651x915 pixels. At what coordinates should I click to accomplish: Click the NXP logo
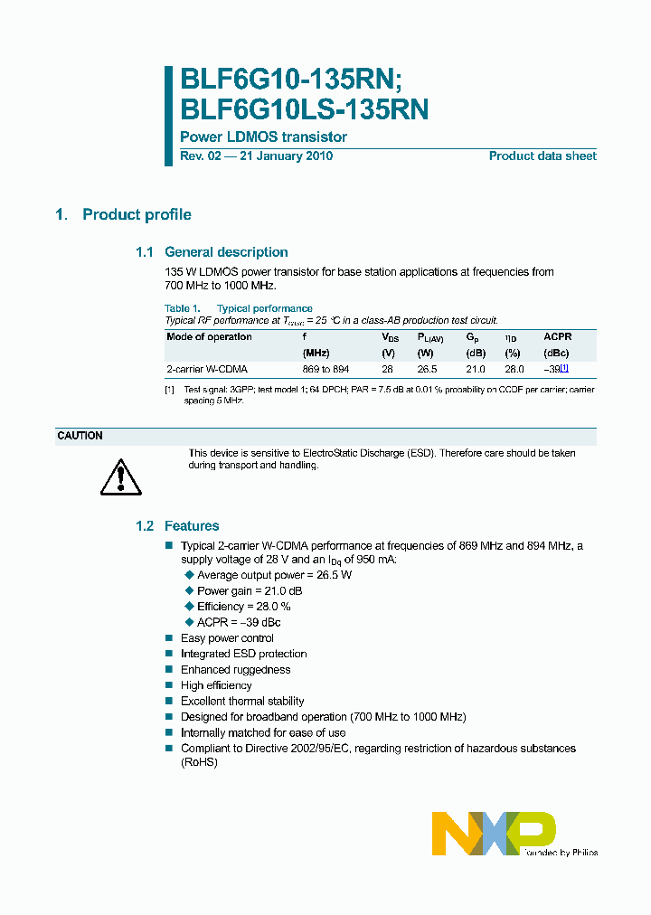(x=494, y=833)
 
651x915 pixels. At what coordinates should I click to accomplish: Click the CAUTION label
(x=80, y=436)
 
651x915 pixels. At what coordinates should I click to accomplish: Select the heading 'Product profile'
(x=137, y=214)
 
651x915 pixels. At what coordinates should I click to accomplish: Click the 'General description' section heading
(x=226, y=252)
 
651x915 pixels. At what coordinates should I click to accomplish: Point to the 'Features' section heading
(x=192, y=525)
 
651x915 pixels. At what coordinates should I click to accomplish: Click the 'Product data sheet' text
(x=542, y=156)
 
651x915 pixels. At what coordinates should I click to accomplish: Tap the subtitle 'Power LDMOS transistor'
(x=264, y=137)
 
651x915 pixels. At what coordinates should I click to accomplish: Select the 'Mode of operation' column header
(x=210, y=336)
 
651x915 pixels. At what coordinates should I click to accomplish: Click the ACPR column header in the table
(x=557, y=336)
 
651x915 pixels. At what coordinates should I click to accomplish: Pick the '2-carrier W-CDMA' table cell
(x=207, y=369)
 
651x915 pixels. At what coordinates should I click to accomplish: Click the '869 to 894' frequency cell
(x=325, y=369)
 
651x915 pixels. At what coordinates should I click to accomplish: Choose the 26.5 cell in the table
(x=428, y=369)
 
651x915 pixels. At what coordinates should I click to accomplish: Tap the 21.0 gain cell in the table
(x=476, y=369)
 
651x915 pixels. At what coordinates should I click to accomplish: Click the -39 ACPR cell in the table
(x=551, y=369)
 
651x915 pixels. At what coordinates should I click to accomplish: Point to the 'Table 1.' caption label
(x=183, y=308)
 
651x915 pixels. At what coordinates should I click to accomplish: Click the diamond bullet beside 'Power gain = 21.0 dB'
(x=189, y=590)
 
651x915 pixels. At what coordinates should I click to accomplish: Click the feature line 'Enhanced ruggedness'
(x=235, y=670)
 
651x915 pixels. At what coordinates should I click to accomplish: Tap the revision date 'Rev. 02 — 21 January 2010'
(x=257, y=156)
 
